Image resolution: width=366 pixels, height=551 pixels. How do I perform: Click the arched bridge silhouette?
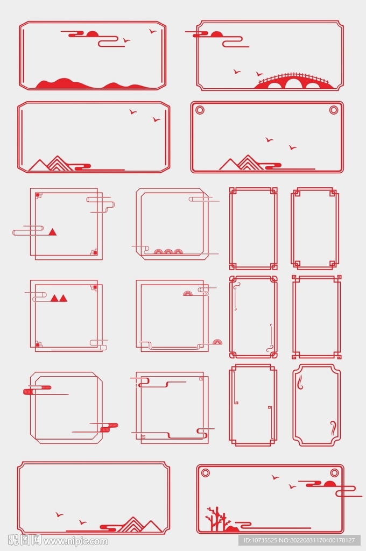(x=292, y=82)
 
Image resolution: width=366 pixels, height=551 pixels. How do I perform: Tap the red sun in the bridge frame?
(x=216, y=34)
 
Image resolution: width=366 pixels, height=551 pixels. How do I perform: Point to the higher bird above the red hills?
(x=152, y=31)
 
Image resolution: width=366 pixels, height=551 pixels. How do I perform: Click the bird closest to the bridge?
(x=259, y=74)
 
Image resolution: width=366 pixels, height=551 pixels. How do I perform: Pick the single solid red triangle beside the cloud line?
(x=52, y=231)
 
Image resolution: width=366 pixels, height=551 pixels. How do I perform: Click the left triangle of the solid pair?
(x=54, y=298)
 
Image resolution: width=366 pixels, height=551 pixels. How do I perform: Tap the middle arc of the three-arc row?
(x=168, y=251)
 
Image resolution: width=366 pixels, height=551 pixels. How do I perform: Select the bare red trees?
(x=217, y=518)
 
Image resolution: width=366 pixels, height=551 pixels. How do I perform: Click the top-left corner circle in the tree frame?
(x=206, y=472)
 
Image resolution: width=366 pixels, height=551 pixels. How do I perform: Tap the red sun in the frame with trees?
(x=329, y=484)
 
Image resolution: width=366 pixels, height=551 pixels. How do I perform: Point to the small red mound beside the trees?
(x=233, y=528)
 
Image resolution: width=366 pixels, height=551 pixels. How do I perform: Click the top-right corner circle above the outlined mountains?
(x=334, y=110)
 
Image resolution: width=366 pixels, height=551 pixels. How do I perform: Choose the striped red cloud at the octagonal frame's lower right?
(x=109, y=427)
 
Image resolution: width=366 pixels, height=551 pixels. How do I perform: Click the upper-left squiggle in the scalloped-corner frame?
(x=301, y=382)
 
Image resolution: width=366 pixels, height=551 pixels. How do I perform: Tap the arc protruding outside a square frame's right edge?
(x=217, y=342)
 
